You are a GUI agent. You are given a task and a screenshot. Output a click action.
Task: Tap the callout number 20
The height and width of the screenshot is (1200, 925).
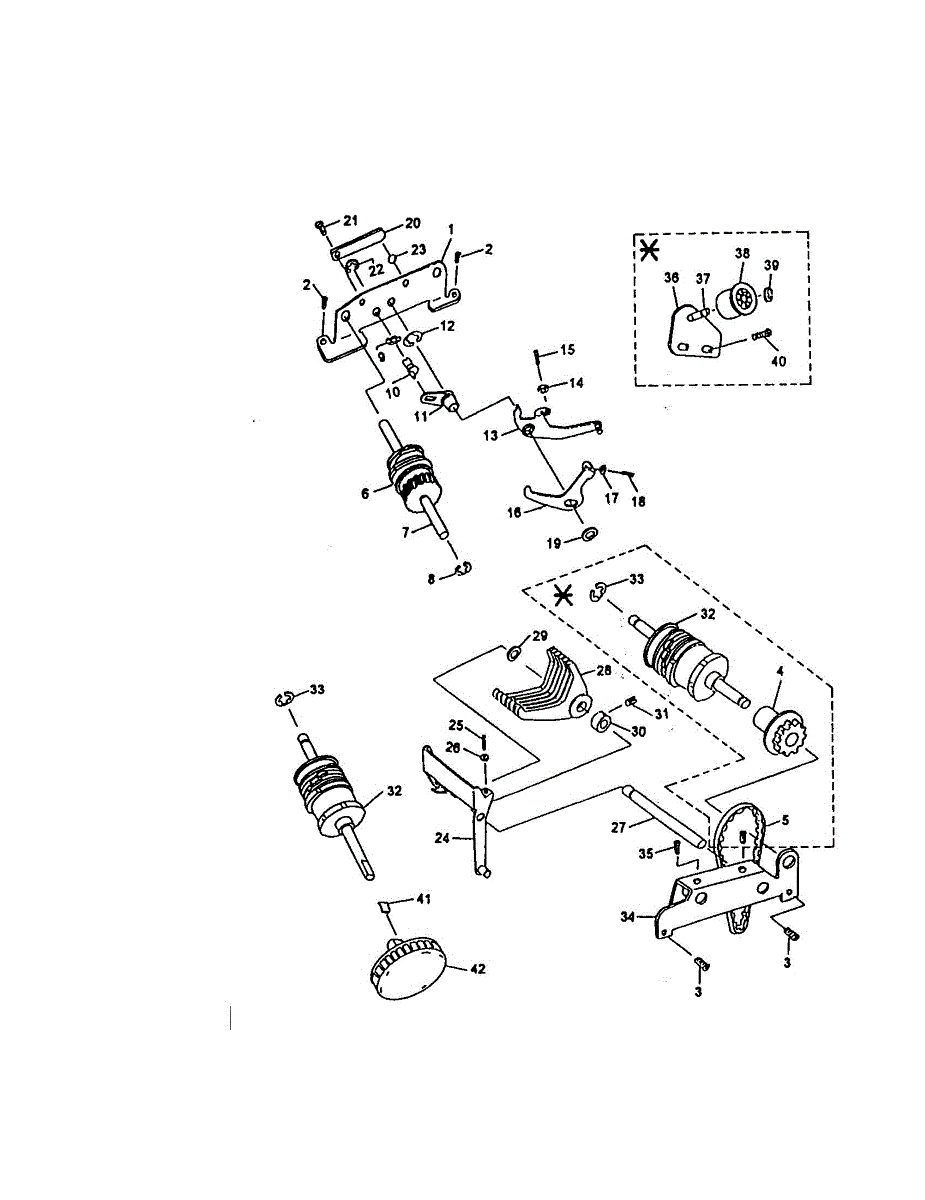[412, 223]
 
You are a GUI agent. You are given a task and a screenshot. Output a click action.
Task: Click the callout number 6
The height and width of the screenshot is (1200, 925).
[365, 492]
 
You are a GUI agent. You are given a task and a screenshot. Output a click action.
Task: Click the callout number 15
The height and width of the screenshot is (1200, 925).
[567, 350]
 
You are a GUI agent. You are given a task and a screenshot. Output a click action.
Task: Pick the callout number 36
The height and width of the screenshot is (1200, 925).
[670, 279]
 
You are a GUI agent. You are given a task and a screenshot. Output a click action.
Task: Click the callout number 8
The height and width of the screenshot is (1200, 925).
[432, 577]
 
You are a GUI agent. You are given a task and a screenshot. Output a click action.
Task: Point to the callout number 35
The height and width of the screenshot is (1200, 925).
[645, 853]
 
